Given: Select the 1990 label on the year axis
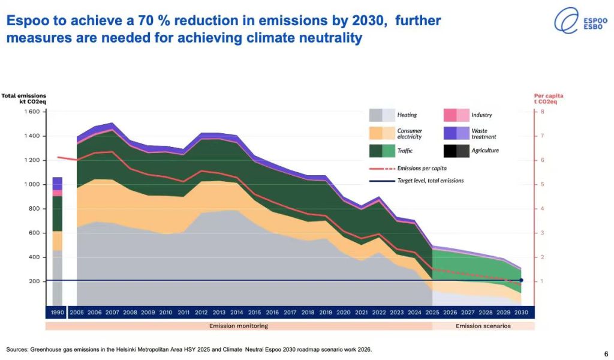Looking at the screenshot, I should click(x=58, y=313).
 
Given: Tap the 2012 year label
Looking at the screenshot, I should click(x=201, y=313).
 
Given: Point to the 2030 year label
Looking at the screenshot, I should click(x=522, y=313).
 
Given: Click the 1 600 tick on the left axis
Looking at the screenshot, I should click(x=32, y=112).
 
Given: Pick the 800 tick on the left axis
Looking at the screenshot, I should click(x=35, y=209).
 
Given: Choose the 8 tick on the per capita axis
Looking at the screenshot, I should click(x=542, y=112).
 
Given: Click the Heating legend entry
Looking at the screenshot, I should click(x=407, y=115).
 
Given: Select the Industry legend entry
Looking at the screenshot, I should click(x=481, y=115).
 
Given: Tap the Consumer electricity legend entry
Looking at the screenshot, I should click(x=410, y=134).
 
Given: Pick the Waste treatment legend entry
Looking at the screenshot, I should click(x=484, y=134).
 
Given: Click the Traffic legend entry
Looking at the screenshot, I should click(x=405, y=151).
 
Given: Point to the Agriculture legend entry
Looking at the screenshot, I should click(x=485, y=151).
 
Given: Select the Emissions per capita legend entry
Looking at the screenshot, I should click(x=422, y=169).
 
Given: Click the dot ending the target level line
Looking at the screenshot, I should click(x=521, y=280).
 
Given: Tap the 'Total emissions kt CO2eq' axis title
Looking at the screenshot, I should click(x=23, y=98).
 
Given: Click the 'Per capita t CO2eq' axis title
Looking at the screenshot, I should click(x=549, y=98).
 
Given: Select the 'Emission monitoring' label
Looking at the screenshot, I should click(x=239, y=326).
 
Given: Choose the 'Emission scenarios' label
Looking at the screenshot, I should click(x=483, y=326).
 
